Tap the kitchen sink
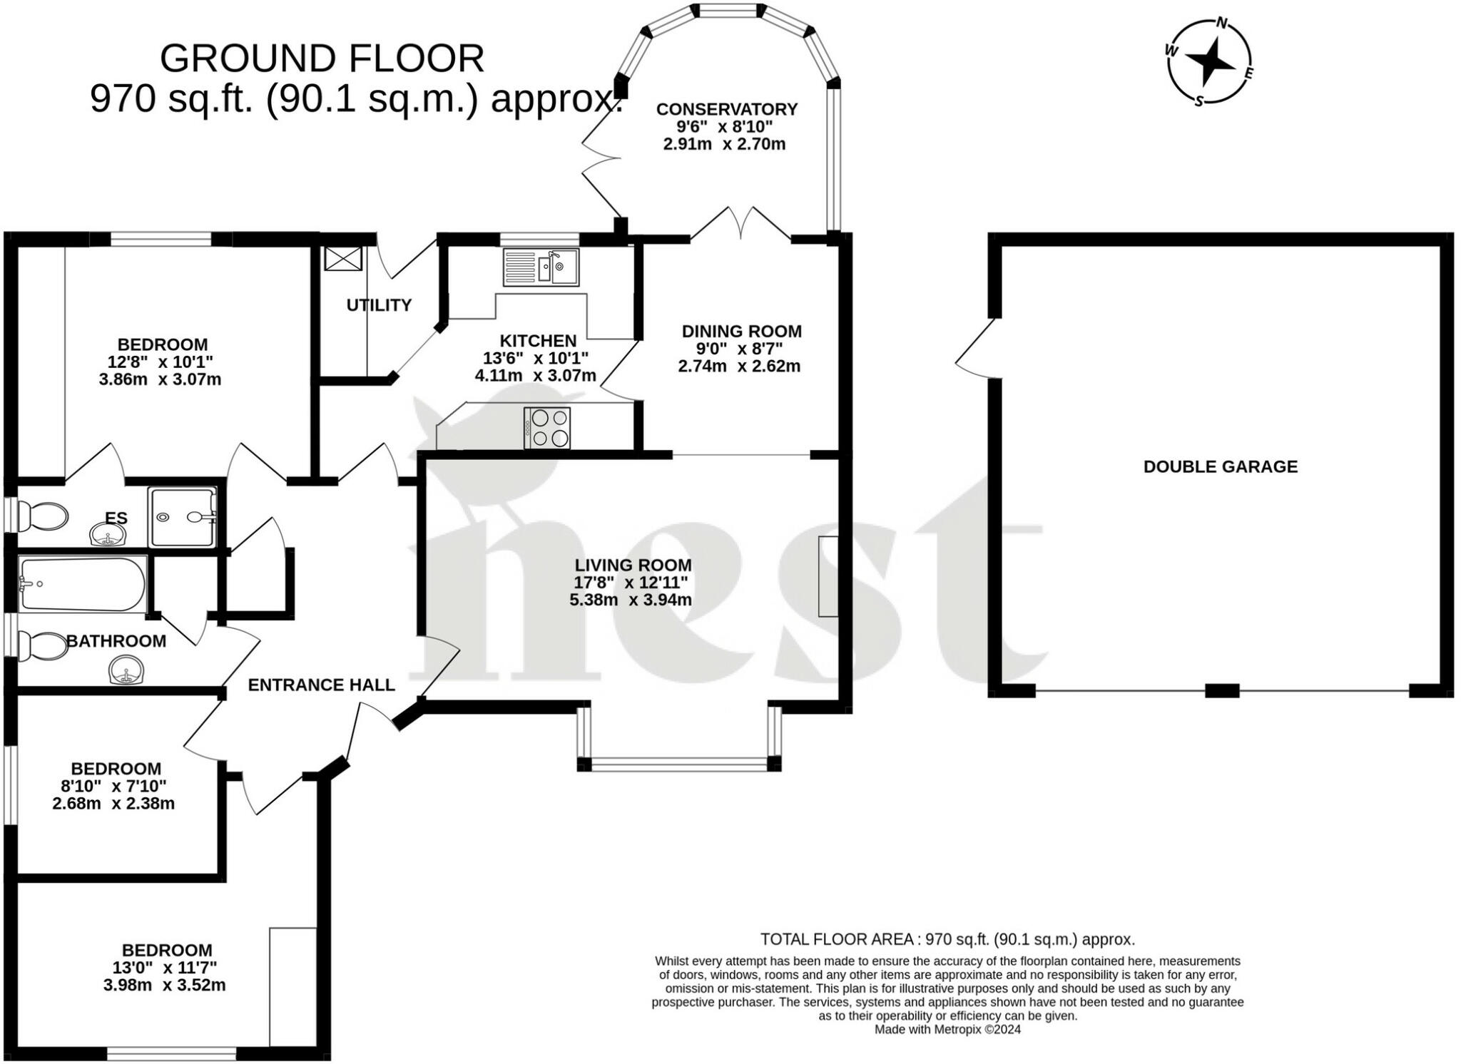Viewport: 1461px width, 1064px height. tap(541, 267)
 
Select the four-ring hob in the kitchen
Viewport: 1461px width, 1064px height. tap(547, 428)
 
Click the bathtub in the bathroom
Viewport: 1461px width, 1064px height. tap(83, 584)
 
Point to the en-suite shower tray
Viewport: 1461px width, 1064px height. tap(182, 517)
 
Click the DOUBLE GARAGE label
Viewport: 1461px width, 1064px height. tap(1220, 466)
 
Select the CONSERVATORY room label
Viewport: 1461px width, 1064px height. tap(726, 109)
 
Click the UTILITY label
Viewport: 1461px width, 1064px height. tap(379, 305)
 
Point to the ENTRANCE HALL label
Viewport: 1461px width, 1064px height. tap(321, 685)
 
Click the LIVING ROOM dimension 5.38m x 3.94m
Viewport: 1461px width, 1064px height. tap(631, 600)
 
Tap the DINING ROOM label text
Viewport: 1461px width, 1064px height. tap(741, 331)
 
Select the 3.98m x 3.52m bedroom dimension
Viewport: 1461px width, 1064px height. tap(164, 986)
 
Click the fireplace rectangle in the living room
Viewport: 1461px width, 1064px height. tap(828, 576)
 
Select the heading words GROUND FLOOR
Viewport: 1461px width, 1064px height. tap(322, 58)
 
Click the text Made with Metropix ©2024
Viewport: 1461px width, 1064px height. tap(947, 1030)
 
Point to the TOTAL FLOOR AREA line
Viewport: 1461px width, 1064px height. tap(947, 939)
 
